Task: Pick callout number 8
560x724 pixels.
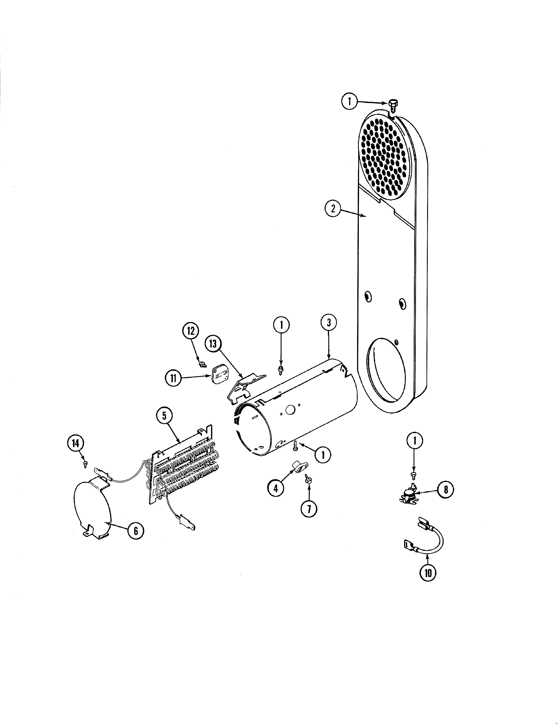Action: (446, 489)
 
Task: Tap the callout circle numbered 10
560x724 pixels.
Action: (428, 573)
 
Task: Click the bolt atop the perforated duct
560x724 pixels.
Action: (392, 106)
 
